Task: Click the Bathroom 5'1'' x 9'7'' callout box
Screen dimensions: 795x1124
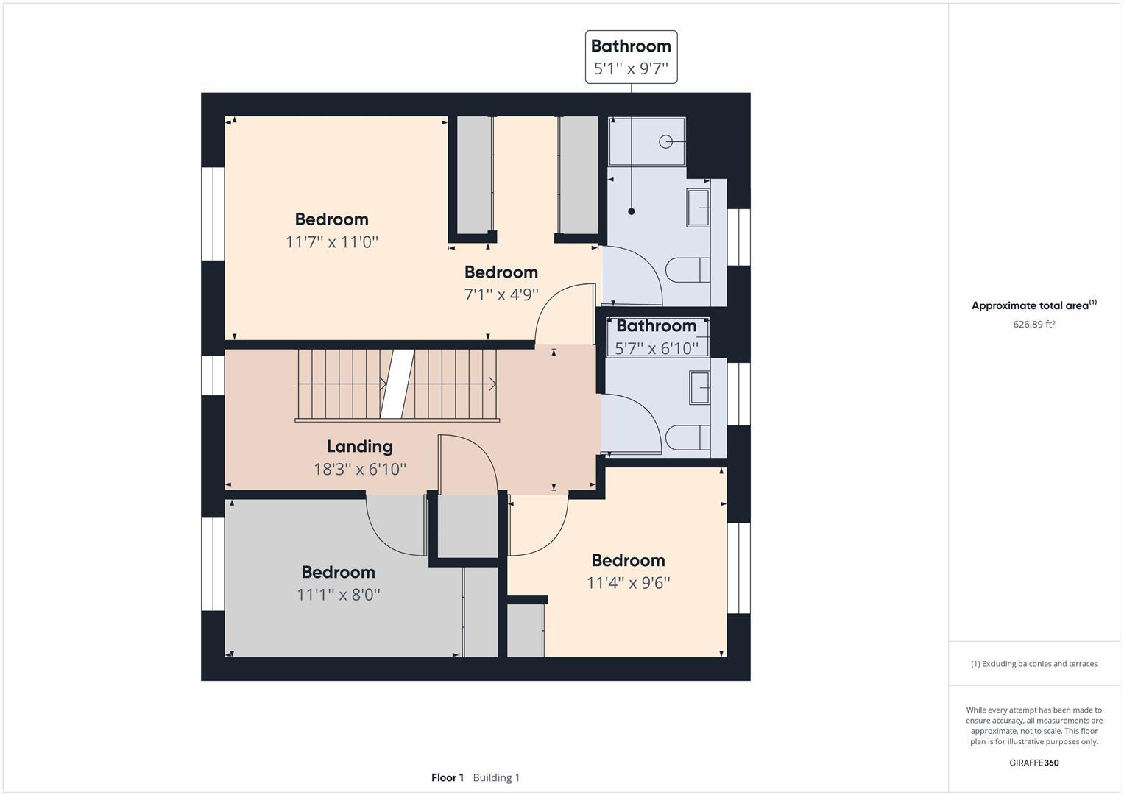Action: click(x=631, y=57)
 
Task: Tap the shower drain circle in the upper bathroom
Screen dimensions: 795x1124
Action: click(x=666, y=141)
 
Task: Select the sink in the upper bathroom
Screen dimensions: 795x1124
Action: click(x=698, y=207)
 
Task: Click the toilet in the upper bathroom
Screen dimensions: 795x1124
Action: click(x=688, y=269)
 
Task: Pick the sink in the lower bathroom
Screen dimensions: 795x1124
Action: click(x=699, y=387)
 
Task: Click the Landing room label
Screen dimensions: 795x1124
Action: click(x=359, y=446)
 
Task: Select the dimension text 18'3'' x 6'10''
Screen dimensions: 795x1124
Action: click(x=359, y=469)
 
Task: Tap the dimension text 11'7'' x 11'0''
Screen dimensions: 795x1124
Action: click(x=331, y=241)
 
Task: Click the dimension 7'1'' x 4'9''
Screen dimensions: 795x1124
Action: click(x=501, y=294)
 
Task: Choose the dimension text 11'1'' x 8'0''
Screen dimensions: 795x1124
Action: click(x=338, y=594)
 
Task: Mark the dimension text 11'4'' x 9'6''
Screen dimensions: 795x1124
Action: click(x=628, y=583)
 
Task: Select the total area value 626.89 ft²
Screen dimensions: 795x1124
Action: click(x=1033, y=325)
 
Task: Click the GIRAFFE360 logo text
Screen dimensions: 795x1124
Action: click(x=1033, y=763)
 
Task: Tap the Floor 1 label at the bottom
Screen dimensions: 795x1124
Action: click(x=447, y=777)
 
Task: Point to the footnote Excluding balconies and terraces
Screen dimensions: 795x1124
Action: click(x=1033, y=664)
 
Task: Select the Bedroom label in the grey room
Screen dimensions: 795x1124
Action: click(x=338, y=572)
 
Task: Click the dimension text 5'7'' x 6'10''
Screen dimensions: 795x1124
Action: click(x=656, y=348)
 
